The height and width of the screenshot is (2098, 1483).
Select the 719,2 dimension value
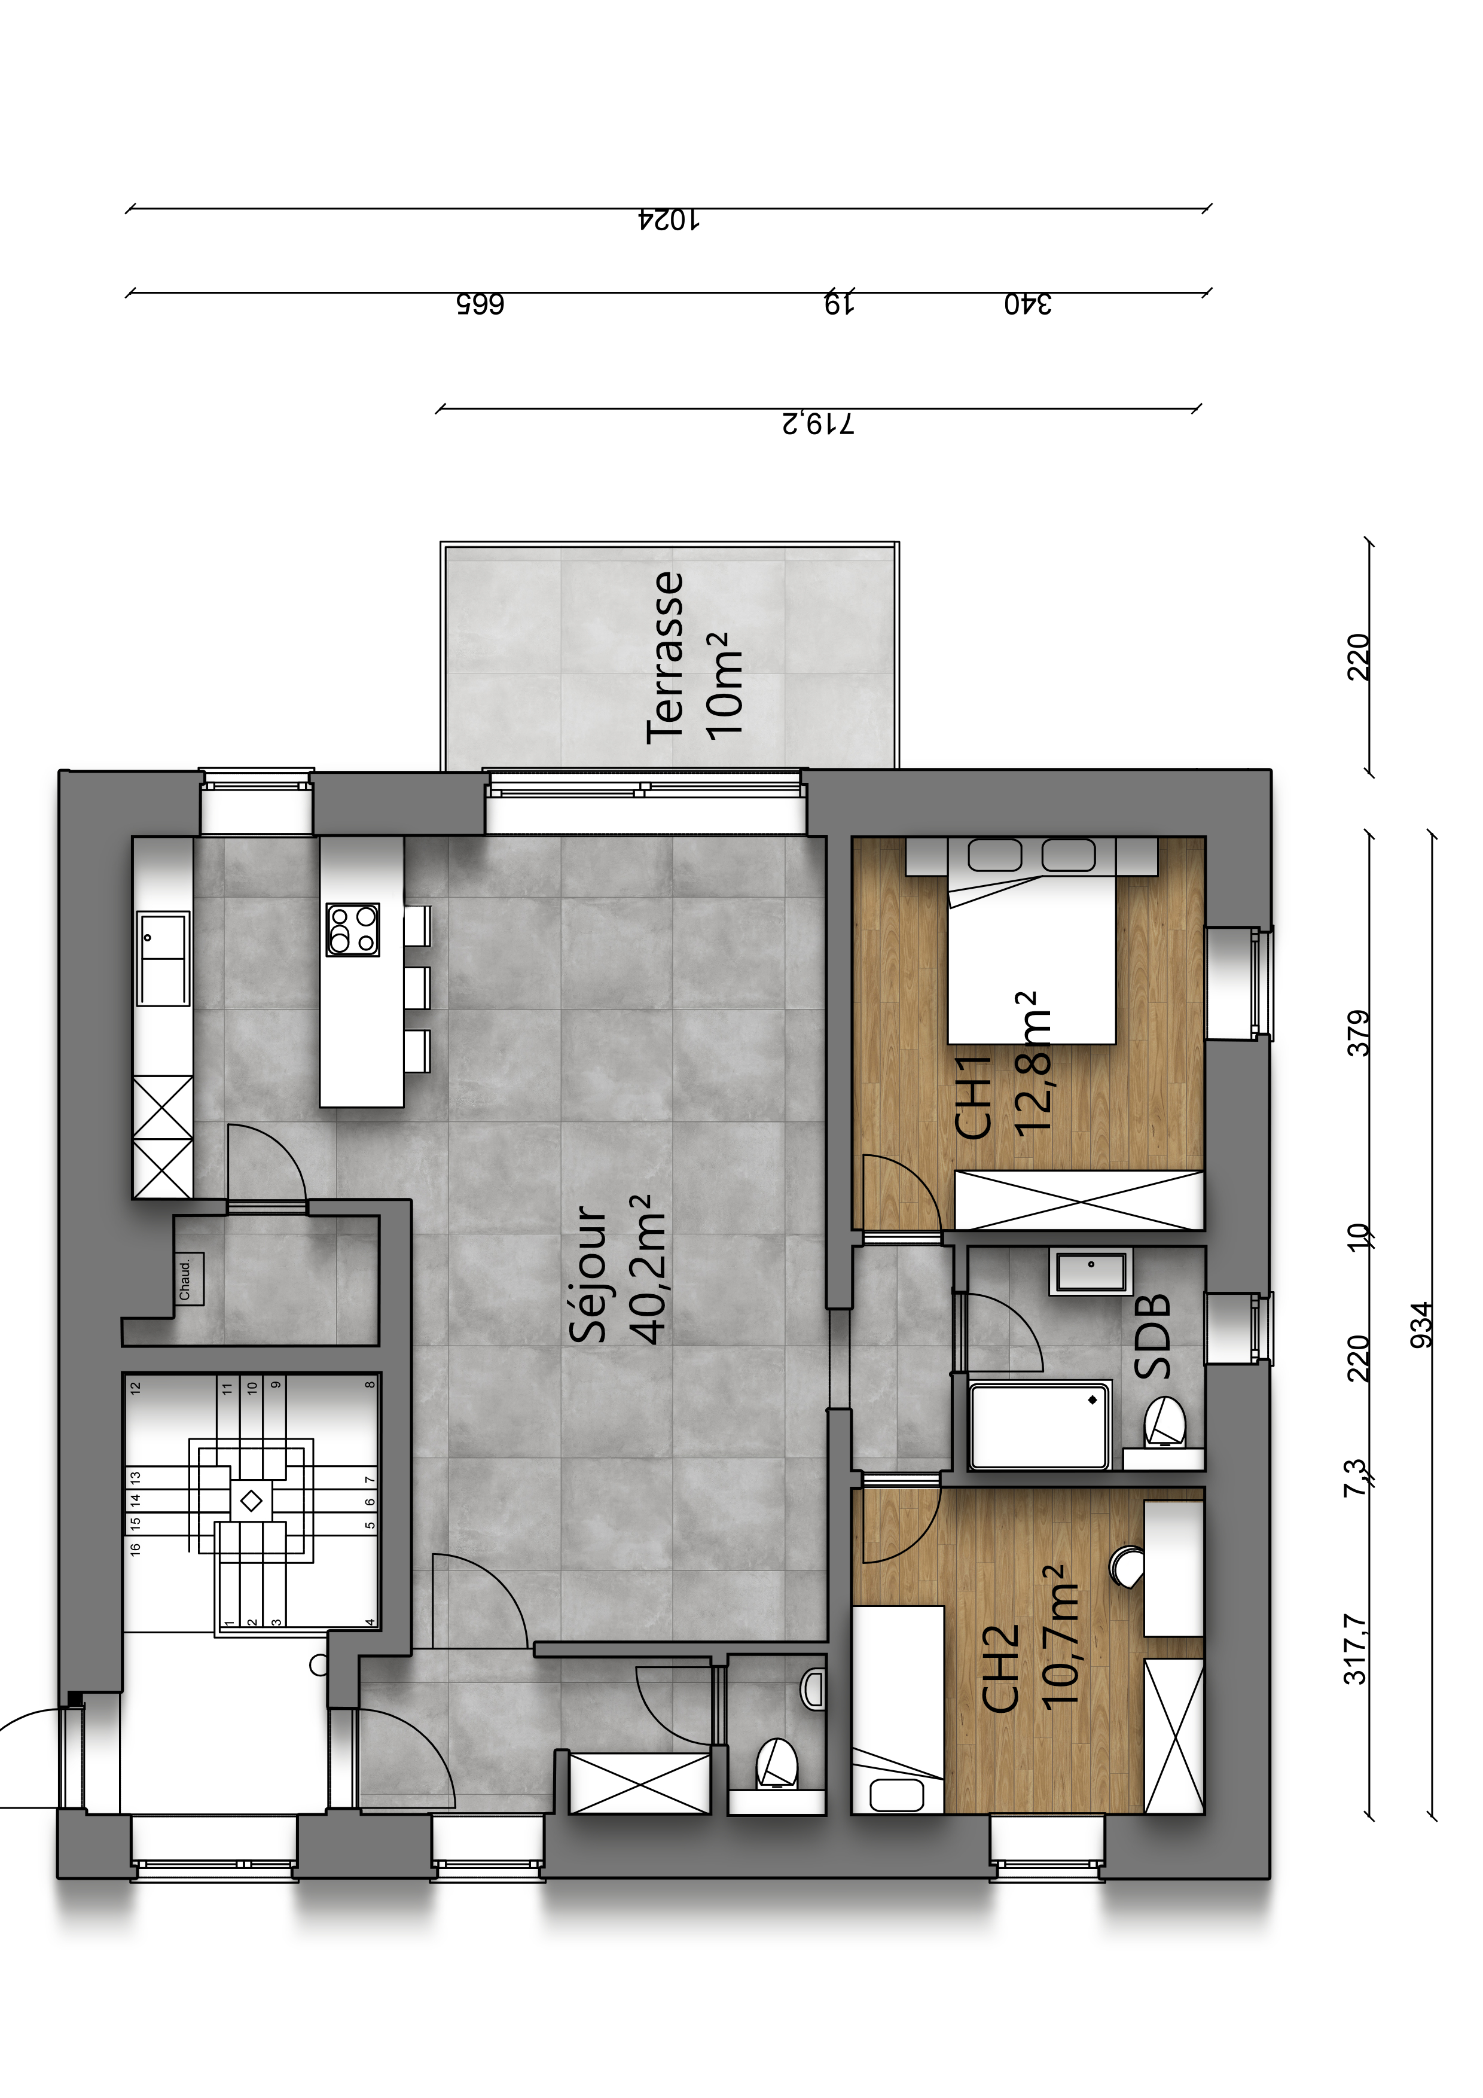coord(819,424)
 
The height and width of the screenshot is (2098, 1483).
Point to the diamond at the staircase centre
coord(251,1501)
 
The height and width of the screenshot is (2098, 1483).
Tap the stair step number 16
coord(135,1549)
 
